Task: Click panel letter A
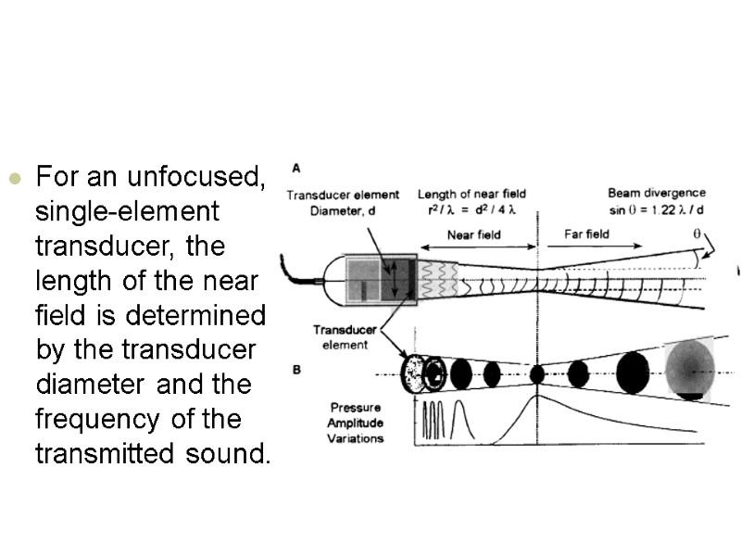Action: click(x=296, y=169)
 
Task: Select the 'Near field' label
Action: click(x=473, y=235)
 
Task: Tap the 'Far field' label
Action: click(x=586, y=234)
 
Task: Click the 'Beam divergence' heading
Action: click(x=656, y=194)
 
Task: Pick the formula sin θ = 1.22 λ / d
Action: click(x=656, y=208)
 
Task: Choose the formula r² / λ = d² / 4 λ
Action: click(x=471, y=208)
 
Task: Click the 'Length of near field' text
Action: click(x=471, y=194)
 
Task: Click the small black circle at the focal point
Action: click(x=537, y=374)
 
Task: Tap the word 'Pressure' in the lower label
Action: click(x=357, y=407)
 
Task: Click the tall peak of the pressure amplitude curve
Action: click(x=537, y=399)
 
